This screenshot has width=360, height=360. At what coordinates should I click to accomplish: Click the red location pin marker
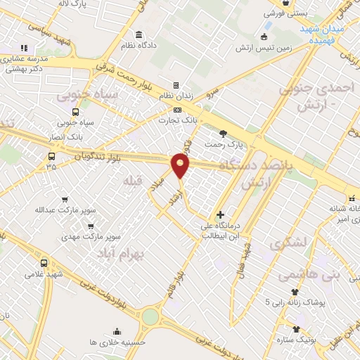(181, 166)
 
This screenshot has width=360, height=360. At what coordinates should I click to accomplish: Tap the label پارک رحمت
(224, 144)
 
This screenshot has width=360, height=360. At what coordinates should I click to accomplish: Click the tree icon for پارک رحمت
(224, 133)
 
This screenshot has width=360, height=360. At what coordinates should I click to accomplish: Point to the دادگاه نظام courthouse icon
(139, 35)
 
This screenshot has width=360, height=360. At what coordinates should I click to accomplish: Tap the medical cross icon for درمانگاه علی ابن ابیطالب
(221, 214)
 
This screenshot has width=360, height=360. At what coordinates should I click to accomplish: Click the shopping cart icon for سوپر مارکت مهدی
(91, 226)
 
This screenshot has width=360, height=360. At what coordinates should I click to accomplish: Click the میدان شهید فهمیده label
(326, 35)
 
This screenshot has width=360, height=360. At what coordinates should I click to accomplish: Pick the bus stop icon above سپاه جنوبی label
(75, 111)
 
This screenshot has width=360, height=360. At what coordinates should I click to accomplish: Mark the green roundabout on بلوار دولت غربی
(150, 318)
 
